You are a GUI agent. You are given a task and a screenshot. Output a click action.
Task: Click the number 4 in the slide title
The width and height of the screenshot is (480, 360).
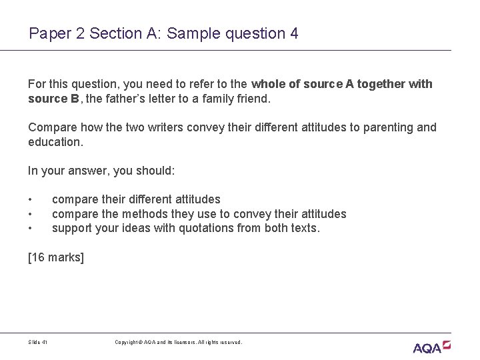point(294,33)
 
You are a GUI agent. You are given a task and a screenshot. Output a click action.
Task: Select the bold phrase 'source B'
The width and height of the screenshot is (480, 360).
point(53,99)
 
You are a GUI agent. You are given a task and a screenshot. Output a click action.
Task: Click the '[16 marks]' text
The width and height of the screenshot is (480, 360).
point(56,257)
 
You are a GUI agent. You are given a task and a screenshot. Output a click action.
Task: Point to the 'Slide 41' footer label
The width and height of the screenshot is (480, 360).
point(38,342)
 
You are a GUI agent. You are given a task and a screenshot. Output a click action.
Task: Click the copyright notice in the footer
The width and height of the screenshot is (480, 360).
point(178,342)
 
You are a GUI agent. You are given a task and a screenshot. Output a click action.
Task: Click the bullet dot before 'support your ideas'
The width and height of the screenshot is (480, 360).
point(31,228)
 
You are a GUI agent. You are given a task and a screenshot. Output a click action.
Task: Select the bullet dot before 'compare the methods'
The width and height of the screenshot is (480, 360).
point(31,213)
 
